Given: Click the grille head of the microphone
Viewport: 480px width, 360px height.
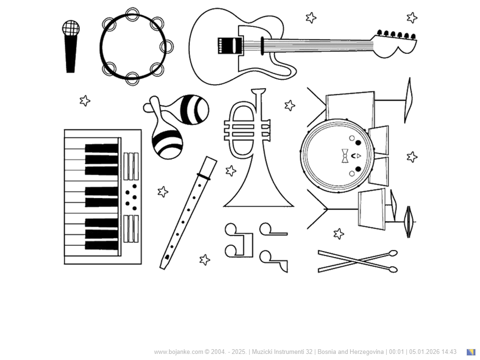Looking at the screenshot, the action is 71,28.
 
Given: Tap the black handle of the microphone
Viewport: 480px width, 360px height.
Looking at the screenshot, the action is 71,54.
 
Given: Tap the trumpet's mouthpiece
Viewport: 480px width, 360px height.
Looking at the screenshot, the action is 259,91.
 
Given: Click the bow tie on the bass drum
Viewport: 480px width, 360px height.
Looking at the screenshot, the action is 345,156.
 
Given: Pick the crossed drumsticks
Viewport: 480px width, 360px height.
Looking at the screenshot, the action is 358,261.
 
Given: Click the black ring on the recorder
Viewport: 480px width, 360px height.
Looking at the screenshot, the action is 204,176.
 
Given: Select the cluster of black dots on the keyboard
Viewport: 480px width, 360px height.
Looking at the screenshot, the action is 131,197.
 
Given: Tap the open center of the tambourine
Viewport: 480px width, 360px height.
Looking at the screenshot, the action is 133,46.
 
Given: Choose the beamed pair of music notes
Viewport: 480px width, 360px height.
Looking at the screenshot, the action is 239,240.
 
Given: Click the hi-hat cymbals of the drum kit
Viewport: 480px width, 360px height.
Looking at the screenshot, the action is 409,222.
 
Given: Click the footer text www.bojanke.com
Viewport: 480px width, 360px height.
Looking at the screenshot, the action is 179,352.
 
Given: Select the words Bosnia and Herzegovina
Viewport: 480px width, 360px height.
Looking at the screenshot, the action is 351,352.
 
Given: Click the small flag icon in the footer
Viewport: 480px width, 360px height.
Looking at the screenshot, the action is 471,352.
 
